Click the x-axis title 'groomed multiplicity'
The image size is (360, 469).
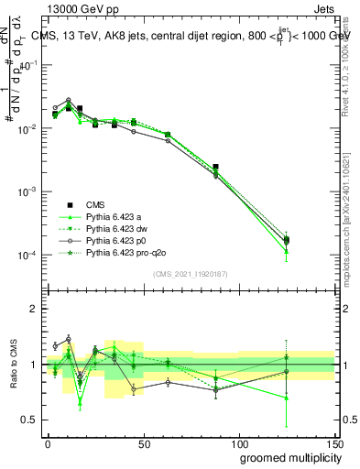click(287, 457)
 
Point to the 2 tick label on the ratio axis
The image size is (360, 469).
click(35, 310)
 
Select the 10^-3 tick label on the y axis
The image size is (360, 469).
click(28, 192)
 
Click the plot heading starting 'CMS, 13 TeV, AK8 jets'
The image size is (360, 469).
click(192, 37)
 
